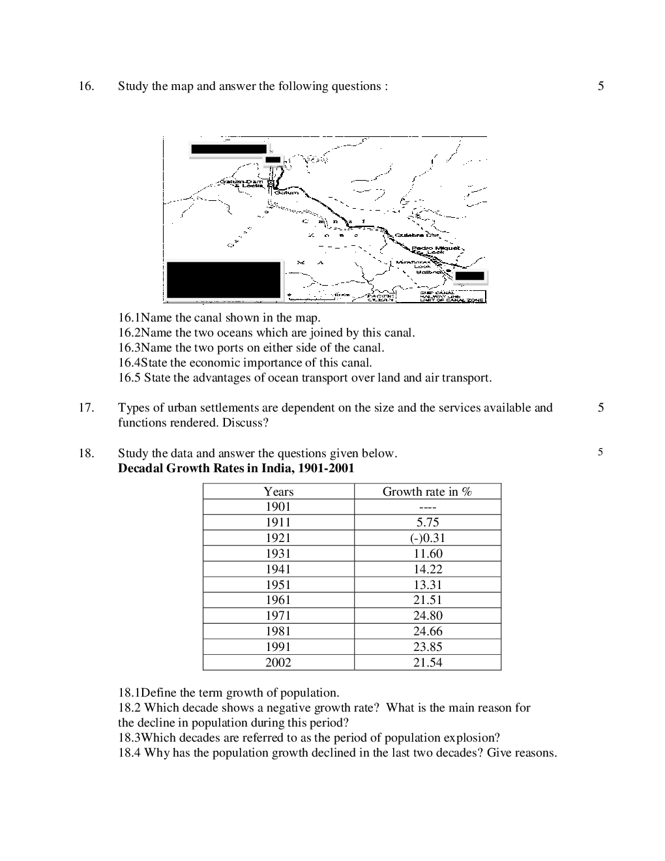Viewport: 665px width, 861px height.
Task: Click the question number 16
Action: [85, 86]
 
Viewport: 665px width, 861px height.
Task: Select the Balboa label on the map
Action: [430, 272]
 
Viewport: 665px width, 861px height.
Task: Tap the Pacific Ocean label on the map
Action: [380, 297]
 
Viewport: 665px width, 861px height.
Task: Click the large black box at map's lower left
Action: [223, 280]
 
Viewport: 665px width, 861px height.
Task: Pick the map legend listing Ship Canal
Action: [452, 297]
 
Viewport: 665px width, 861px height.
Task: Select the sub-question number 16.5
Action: [129, 378]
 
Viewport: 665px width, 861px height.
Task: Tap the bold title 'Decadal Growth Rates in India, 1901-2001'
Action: [236, 468]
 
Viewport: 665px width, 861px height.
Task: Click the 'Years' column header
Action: [278, 492]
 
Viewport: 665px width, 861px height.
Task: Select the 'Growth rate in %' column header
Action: [427, 492]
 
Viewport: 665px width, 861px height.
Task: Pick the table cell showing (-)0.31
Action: [427, 538]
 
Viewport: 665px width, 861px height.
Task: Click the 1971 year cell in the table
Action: [278, 616]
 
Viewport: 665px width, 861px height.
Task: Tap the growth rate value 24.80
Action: [427, 616]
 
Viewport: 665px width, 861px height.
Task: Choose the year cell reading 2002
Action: [278, 663]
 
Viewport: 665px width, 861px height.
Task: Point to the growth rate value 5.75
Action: [427, 522]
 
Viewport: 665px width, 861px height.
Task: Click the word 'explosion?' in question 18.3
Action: [471, 738]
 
